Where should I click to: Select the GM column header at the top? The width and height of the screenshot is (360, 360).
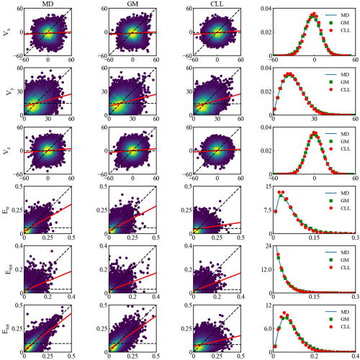[132, 4]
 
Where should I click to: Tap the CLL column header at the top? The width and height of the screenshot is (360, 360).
[217, 4]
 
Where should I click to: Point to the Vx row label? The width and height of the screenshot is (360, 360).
[7, 32]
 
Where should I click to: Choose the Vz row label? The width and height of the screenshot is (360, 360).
[7, 151]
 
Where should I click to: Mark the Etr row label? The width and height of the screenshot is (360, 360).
[7, 211]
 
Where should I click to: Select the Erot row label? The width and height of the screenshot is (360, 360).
[7, 270]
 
